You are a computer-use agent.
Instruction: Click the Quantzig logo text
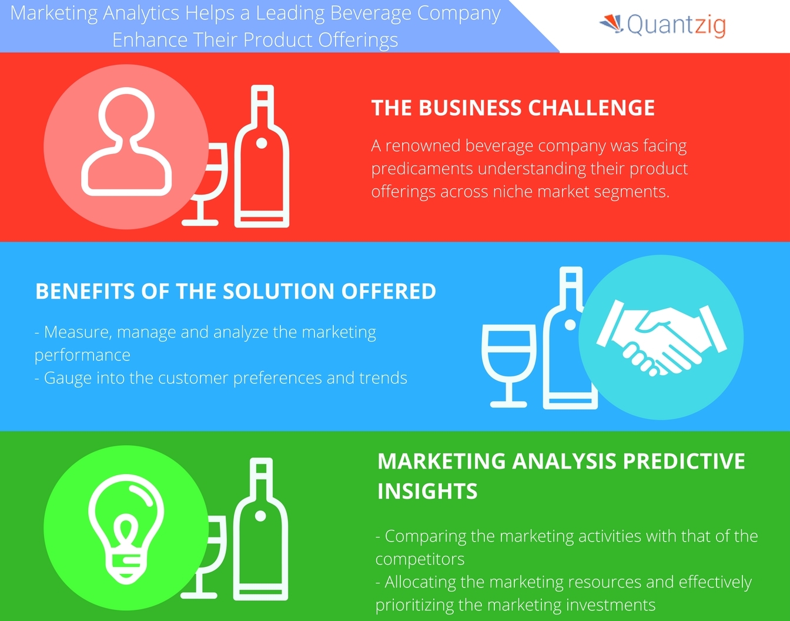676,25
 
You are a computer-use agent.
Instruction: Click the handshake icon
661,337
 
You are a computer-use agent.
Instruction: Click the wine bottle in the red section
262,156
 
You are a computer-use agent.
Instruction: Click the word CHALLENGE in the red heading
591,108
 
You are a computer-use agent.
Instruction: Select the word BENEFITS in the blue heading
85,291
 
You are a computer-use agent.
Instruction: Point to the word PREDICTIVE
684,460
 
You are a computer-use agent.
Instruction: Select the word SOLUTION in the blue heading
279,291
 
